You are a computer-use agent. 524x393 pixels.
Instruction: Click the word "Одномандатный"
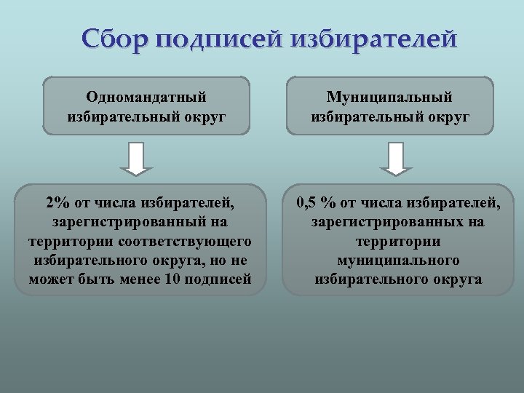tap(146, 97)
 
